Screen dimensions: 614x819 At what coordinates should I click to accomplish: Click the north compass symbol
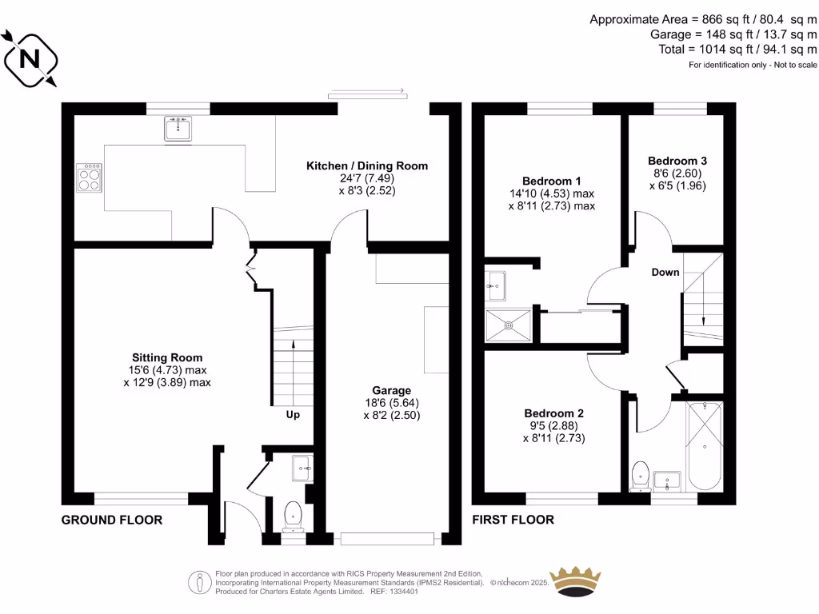coord(30,58)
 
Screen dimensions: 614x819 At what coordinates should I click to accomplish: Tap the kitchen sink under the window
coord(178,129)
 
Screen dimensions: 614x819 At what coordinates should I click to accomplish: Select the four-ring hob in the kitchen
coord(89,177)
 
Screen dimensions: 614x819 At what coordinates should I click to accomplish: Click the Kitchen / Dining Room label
coord(367,166)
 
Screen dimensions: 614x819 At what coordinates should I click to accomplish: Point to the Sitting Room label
coord(167,357)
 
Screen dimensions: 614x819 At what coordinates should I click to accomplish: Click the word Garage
coord(391,390)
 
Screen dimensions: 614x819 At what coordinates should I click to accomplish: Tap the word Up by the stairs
coord(294,415)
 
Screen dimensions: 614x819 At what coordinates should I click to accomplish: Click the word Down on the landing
coord(665,272)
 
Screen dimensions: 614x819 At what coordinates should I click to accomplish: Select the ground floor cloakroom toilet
coord(293,514)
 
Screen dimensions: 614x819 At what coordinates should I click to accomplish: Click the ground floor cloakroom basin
coord(302,467)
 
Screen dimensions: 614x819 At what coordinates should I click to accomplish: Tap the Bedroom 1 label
coord(552,181)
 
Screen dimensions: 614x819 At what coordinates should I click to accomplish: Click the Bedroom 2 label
coord(553,413)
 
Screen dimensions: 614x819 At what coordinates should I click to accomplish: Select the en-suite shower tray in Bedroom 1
coord(508,325)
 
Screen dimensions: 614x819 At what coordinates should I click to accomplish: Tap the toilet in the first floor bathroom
coord(640,475)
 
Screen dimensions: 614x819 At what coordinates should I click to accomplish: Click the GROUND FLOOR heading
coord(112,520)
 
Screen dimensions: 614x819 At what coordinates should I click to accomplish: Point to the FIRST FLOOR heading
coord(513,520)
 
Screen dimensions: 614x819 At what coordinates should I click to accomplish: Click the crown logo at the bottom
coord(576,581)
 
